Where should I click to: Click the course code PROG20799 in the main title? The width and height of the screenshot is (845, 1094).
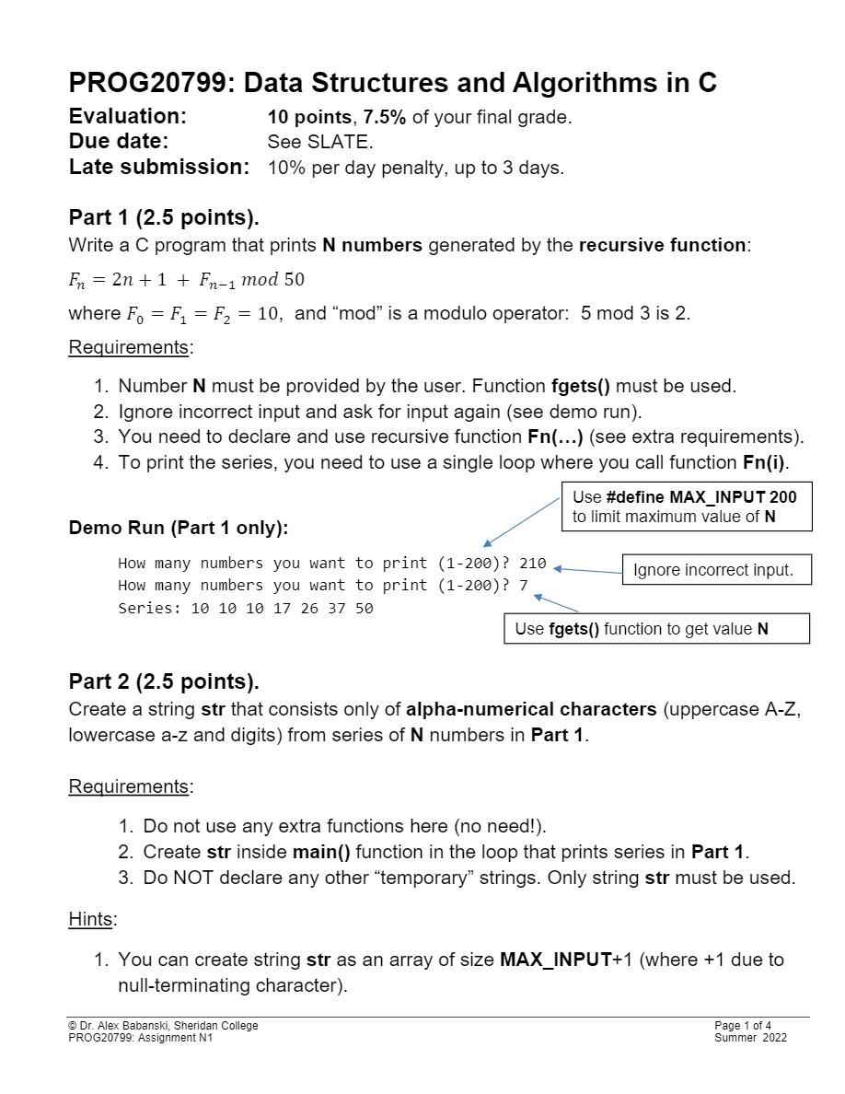pos(146,84)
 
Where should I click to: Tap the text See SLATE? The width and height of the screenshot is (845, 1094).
pos(319,142)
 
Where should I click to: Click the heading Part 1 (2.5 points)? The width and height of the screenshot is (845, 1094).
pos(164,217)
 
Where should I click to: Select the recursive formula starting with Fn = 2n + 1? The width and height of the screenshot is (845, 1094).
pos(187,279)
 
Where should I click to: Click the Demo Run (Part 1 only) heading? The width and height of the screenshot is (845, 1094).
pos(178,528)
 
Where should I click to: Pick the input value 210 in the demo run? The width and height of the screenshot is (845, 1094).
pos(532,563)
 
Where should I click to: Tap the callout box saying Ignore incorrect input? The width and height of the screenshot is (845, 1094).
pos(713,570)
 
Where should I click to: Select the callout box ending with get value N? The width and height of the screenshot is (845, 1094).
pos(656,629)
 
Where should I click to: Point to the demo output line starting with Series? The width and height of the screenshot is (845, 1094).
pos(245,608)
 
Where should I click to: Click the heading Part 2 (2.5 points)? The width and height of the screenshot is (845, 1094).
pos(164,681)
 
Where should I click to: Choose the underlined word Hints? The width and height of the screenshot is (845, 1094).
pos(90,919)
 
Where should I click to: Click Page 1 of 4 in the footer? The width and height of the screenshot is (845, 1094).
pos(743,1026)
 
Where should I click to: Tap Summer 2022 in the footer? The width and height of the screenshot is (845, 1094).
pos(750,1038)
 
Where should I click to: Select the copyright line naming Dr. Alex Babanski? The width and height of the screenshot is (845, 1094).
pos(163,1026)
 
